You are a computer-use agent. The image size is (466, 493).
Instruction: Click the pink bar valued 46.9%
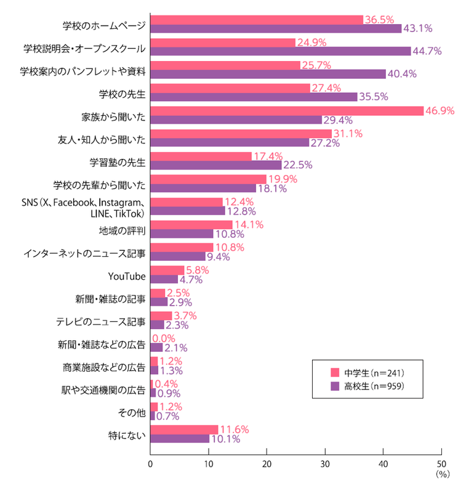coord(287,111)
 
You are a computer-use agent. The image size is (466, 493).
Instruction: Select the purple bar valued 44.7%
coord(280,51)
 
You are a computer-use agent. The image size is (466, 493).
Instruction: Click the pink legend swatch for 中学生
coord(335,372)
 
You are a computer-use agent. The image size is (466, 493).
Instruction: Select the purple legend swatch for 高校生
coord(335,387)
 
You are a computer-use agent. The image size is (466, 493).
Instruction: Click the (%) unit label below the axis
coord(443,475)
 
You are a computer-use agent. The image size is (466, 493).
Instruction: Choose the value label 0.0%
coord(165,338)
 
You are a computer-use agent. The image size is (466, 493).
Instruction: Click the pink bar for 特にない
coord(184,430)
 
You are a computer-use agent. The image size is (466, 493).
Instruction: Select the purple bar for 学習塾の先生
coord(215,165)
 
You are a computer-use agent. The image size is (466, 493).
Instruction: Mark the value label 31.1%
coord(348,134)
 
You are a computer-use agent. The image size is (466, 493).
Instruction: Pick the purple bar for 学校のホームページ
coord(276,28)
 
